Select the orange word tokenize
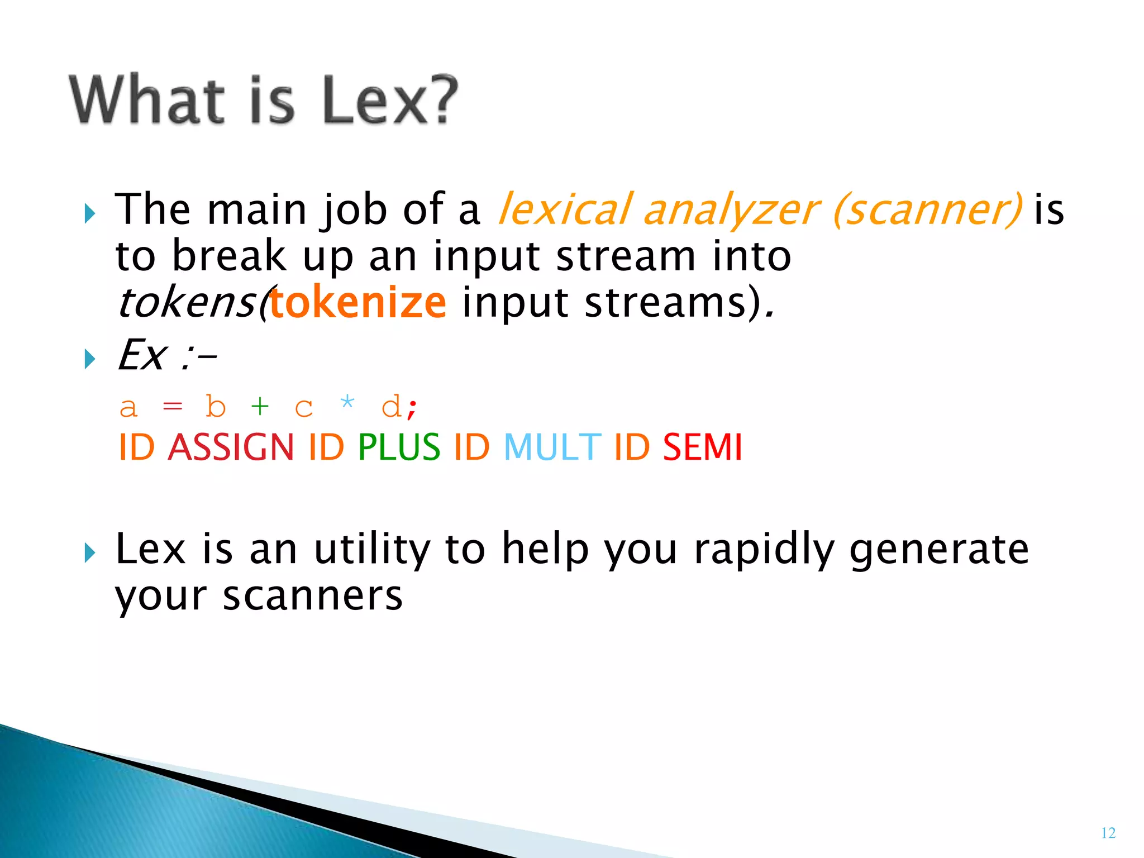pyautogui.click(x=358, y=303)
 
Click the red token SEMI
pyautogui.click(x=702, y=447)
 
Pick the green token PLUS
pyautogui.click(x=399, y=447)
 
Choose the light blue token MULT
pyautogui.click(x=552, y=447)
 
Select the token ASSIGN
pyautogui.click(x=231, y=447)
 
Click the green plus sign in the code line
pyautogui.click(x=260, y=406)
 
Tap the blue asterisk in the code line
pyautogui.click(x=347, y=402)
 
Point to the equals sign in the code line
pyautogui.click(x=172, y=407)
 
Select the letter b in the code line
pyautogui.click(x=216, y=406)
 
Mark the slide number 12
pyautogui.click(x=1108, y=833)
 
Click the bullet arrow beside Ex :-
pyautogui.click(x=89, y=359)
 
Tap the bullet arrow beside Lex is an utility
pyautogui.click(x=89, y=553)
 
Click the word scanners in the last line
pyautogui.click(x=313, y=596)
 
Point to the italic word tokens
pyautogui.click(x=187, y=303)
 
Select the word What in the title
pyautogui.click(x=147, y=101)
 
